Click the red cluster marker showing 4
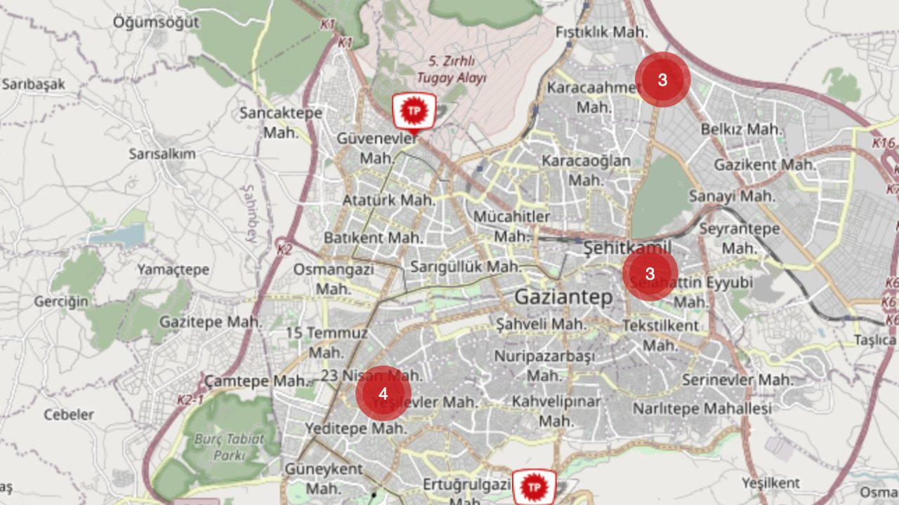pyautogui.click(x=383, y=393)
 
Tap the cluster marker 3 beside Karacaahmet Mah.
pyautogui.click(x=662, y=80)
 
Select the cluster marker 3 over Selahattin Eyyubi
pyautogui.click(x=650, y=274)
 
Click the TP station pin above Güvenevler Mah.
pyautogui.click(x=414, y=111)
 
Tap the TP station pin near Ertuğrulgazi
pyautogui.click(x=534, y=487)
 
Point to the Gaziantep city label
pyautogui.click(x=563, y=297)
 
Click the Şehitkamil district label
pyautogui.click(x=627, y=247)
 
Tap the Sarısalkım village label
pyautogui.click(x=162, y=154)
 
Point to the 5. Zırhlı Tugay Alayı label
pyautogui.click(x=451, y=69)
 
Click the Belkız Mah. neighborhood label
pyautogui.click(x=741, y=129)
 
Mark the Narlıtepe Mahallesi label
pyautogui.click(x=702, y=408)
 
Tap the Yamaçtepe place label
pyautogui.click(x=173, y=270)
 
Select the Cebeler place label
pyautogui.click(x=69, y=414)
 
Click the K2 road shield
pyautogui.click(x=284, y=249)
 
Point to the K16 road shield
pyautogui.click(x=884, y=143)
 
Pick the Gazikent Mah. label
pyautogui.click(x=765, y=165)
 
